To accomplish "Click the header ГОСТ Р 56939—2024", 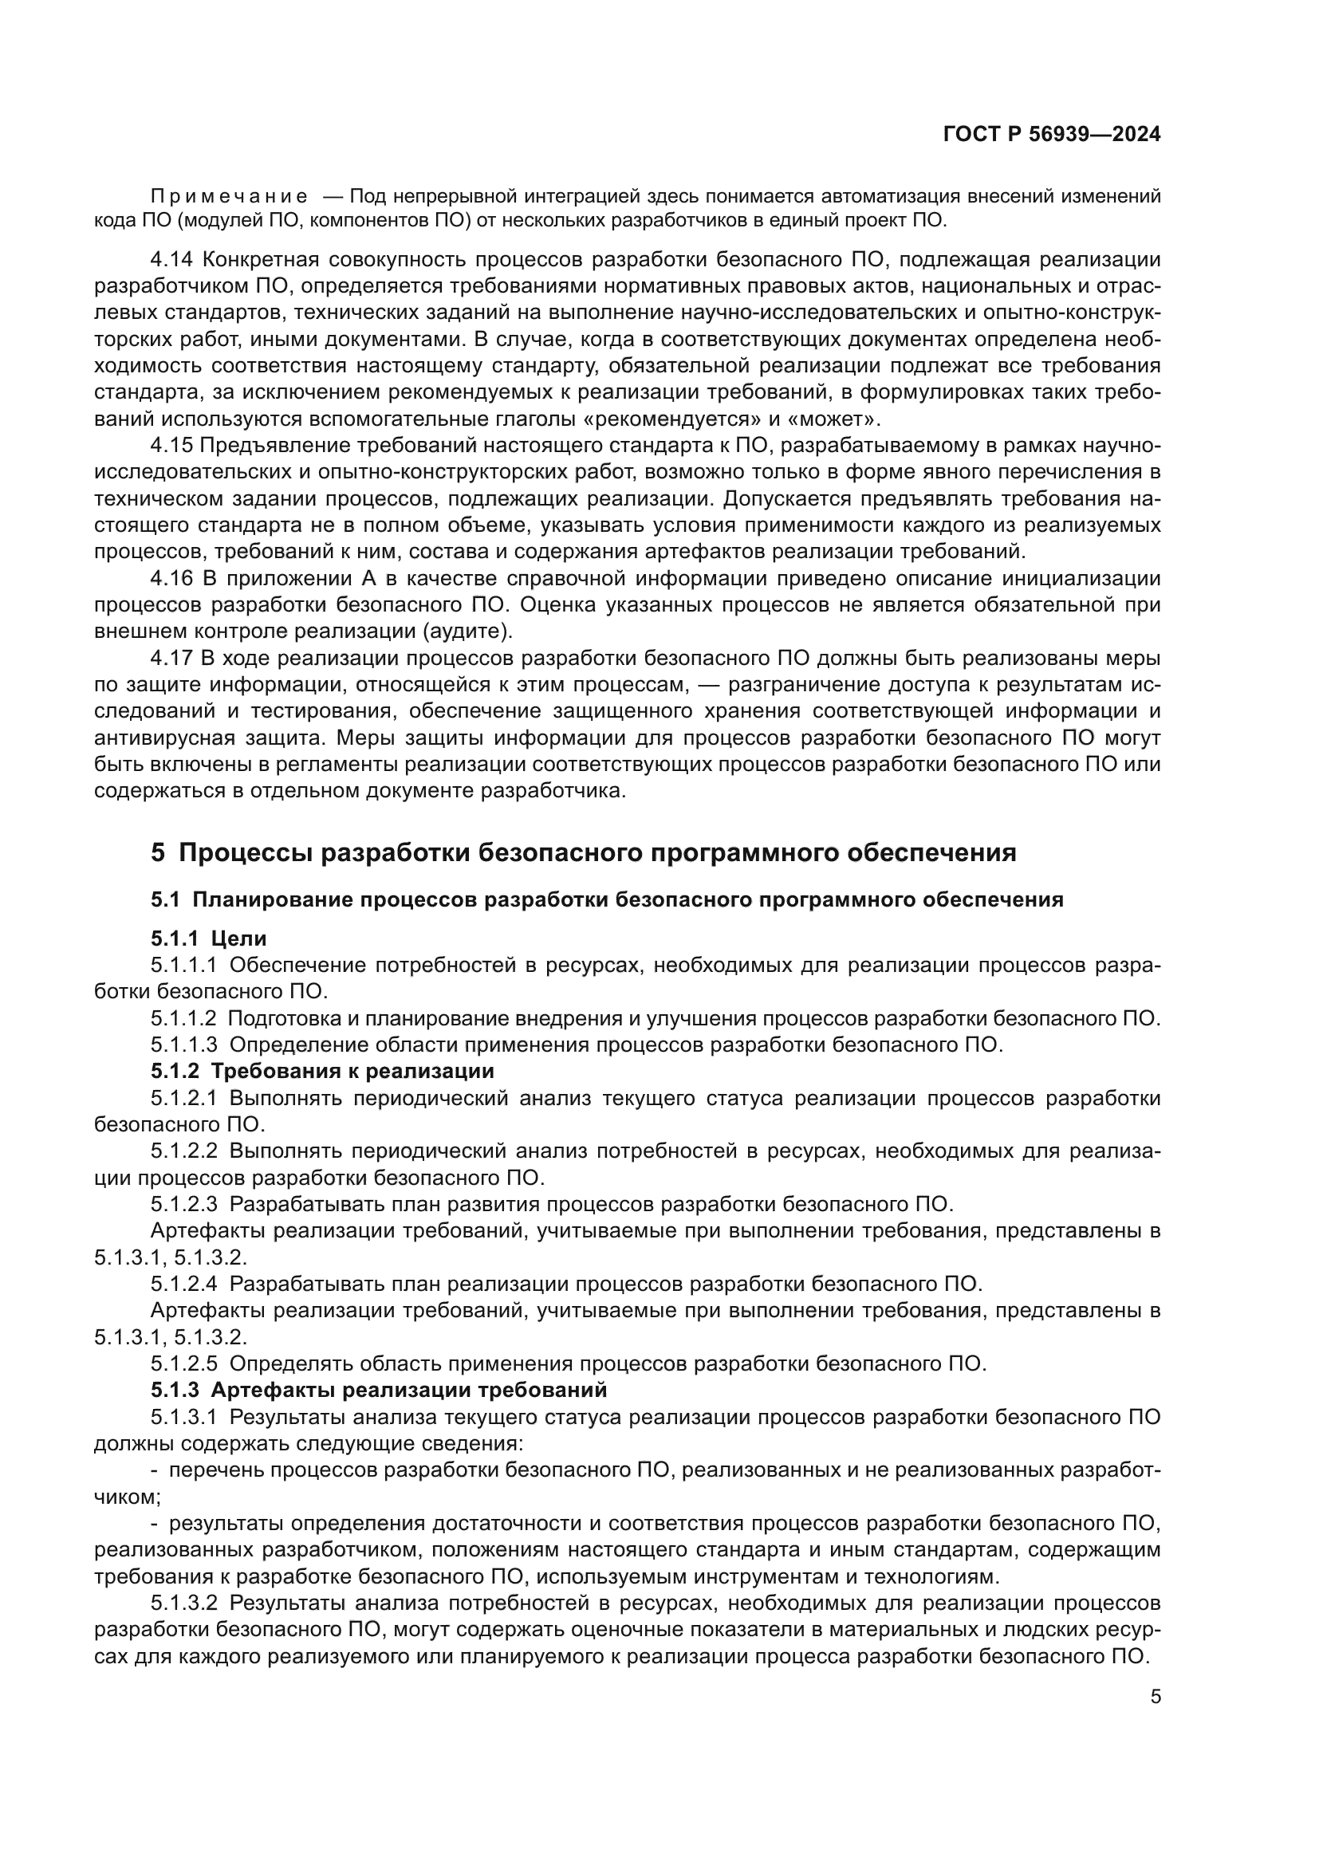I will tap(1052, 135).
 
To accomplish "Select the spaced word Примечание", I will tap(229, 197).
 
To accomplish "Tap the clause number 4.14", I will tap(172, 260).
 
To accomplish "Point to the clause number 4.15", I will tap(172, 446).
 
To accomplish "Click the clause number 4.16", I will tap(172, 578).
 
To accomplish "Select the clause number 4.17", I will tap(172, 658).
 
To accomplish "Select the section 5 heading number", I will tap(158, 853).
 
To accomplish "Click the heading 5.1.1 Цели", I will tap(209, 939).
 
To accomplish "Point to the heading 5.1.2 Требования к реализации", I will tap(322, 1072).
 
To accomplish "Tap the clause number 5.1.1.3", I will tap(184, 1045).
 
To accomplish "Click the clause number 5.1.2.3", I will tap(184, 1204).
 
